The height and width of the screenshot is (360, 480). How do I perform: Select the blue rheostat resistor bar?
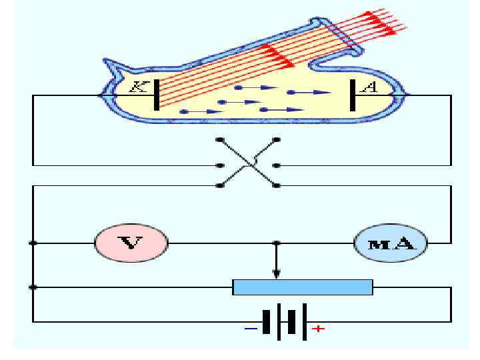[x=303, y=287]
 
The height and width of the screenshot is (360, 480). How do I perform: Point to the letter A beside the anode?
[x=368, y=87]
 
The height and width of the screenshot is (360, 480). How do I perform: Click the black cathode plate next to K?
[x=156, y=95]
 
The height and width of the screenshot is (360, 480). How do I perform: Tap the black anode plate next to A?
[x=351, y=95]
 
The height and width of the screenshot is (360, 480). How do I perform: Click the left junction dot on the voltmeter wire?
[x=33, y=243]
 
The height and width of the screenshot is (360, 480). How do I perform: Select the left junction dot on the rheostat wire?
[x=33, y=287]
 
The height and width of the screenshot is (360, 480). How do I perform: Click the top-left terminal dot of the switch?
[x=219, y=140]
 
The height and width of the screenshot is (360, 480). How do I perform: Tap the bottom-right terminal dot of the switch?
[x=276, y=185]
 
